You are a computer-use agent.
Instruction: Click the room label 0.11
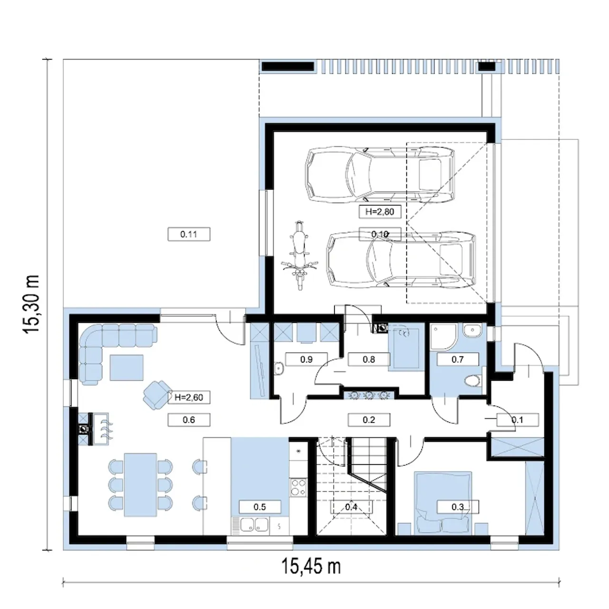(189, 234)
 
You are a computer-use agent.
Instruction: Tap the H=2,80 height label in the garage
(380, 211)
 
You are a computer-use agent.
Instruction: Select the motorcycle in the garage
(299, 255)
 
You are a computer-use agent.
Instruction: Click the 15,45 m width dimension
(311, 567)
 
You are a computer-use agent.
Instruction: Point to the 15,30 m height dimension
(31, 304)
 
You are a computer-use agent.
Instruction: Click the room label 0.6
(189, 420)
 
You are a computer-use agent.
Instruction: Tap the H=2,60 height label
(189, 397)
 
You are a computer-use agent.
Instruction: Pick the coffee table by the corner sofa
(127, 367)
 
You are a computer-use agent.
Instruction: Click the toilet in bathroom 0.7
(473, 380)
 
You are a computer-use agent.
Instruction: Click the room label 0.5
(260, 507)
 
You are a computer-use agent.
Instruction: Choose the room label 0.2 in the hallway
(369, 420)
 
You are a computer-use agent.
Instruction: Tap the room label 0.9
(306, 359)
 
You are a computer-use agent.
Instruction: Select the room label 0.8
(369, 359)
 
